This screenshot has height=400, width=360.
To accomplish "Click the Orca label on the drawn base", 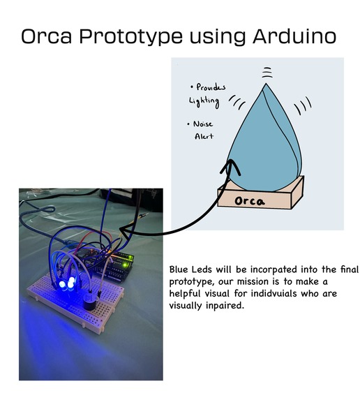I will (x=250, y=202).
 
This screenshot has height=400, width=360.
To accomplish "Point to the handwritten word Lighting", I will (x=204, y=101).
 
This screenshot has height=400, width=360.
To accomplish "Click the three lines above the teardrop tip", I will (x=265, y=72).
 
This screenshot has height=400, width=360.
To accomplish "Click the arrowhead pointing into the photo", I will (x=125, y=230).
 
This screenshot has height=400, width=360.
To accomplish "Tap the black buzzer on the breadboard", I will (x=88, y=302).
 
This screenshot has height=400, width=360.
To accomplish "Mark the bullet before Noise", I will (x=190, y=124).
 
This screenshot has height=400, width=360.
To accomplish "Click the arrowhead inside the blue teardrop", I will (x=230, y=165).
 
